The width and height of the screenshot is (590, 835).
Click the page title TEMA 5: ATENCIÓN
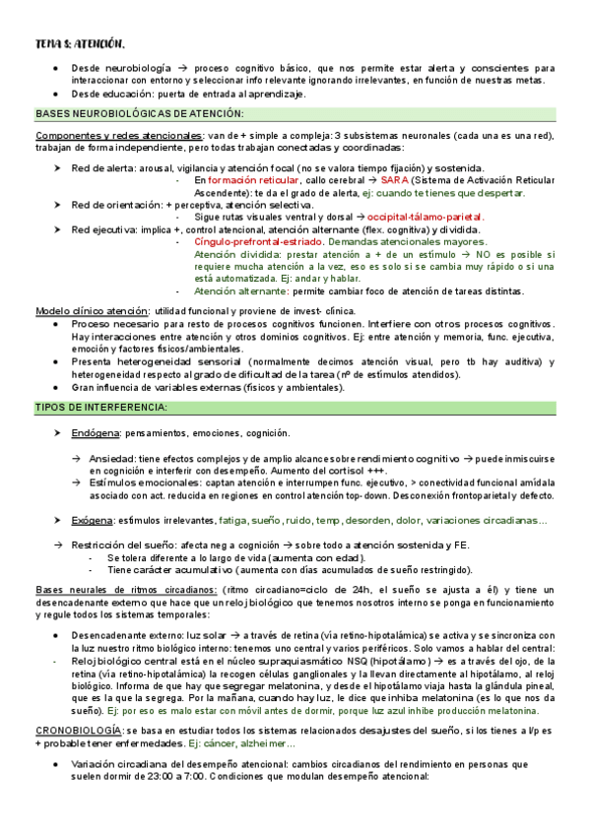pos(79,43)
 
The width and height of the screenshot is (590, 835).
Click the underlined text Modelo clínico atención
pos(87,310)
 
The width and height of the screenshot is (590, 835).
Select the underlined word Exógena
pos(93,519)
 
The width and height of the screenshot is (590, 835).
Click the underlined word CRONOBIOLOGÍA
pos(78,730)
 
